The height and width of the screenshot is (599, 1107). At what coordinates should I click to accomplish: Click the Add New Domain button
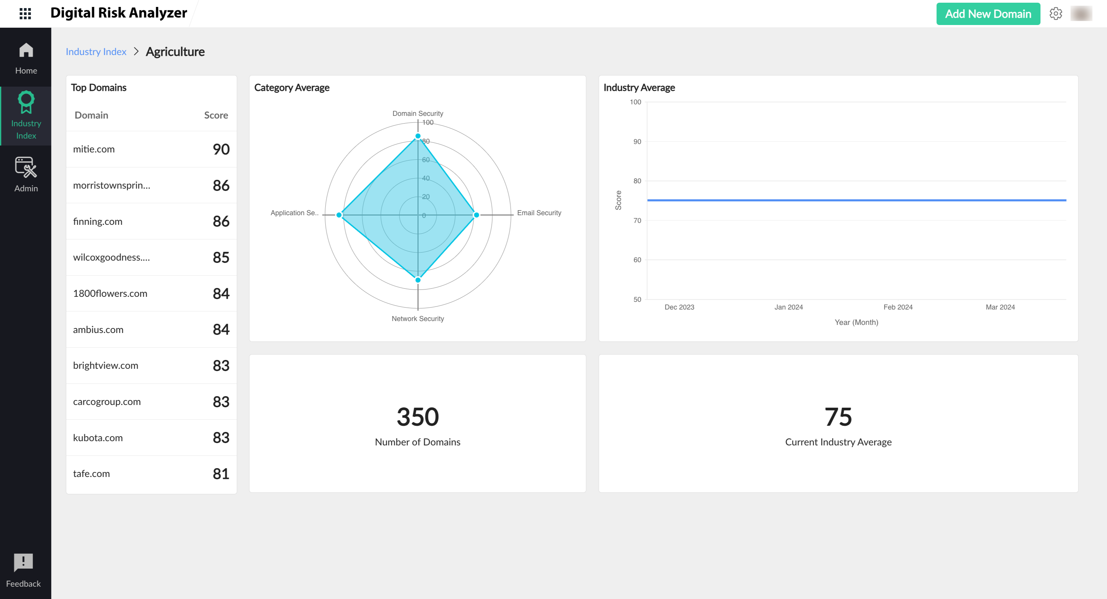[988, 14]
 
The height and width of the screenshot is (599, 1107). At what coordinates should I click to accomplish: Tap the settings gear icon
[1055, 14]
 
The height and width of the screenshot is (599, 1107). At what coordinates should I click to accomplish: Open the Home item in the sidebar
[26, 58]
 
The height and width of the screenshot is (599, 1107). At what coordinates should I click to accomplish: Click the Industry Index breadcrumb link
[96, 52]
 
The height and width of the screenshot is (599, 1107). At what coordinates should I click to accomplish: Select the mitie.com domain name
[94, 149]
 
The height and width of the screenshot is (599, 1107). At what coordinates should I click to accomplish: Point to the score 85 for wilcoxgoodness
[221, 258]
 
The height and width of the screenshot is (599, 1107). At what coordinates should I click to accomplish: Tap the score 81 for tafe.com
[221, 474]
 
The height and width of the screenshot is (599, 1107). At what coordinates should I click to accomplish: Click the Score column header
[216, 115]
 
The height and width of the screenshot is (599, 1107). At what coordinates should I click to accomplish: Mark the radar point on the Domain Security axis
[418, 136]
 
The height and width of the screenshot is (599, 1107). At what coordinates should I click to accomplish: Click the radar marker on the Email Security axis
[476, 215]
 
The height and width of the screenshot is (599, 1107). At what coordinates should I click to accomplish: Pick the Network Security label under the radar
[417, 318]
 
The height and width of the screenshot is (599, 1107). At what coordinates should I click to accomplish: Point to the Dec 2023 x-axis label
[679, 307]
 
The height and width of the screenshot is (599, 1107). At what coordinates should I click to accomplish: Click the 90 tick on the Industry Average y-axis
[637, 141]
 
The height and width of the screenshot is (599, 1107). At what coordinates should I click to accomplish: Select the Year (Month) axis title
[856, 322]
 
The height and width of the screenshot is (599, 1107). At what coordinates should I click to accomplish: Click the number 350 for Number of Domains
[417, 417]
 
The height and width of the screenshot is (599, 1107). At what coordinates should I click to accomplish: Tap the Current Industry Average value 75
[838, 417]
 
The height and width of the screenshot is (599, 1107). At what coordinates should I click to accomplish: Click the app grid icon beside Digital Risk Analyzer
[25, 14]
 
